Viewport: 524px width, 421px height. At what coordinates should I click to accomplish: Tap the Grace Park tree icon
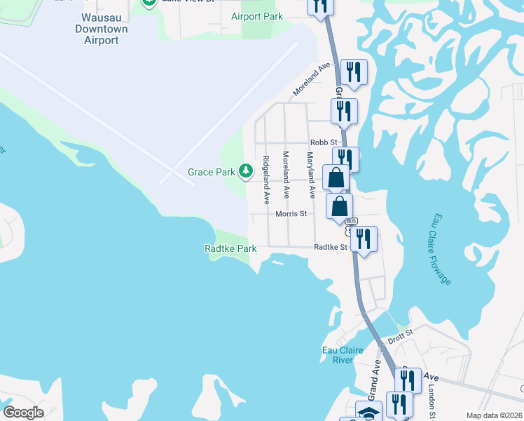pos(246,171)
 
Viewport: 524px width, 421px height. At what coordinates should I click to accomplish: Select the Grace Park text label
pos(211,172)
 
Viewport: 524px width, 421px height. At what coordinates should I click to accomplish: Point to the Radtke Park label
pos(230,248)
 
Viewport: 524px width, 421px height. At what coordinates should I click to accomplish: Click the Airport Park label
pos(257,15)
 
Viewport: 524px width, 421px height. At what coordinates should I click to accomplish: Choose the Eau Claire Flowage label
pos(442,250)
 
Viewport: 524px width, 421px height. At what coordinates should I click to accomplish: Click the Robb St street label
pos(324,142)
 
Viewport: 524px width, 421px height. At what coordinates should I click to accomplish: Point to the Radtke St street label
pos(331,247)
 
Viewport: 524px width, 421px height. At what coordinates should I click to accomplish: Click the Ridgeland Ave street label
pos(266,180)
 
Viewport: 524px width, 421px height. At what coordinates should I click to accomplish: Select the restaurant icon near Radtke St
pos(364,239)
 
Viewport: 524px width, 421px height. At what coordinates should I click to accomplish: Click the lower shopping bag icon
pos(340,206)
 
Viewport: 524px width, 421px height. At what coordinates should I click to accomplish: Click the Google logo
pos(23,413)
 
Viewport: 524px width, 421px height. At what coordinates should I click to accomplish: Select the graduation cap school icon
pos(368,412)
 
